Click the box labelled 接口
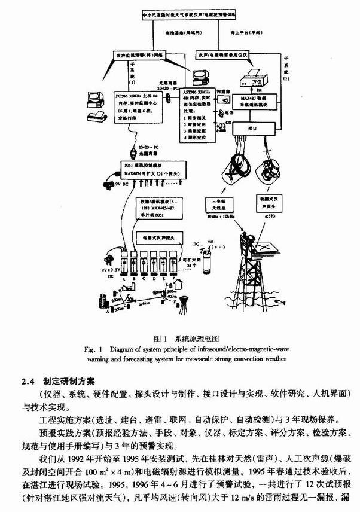pyautogui.click(x=251, y=127)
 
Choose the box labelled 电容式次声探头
pyautogui.click(x=158, y=238)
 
